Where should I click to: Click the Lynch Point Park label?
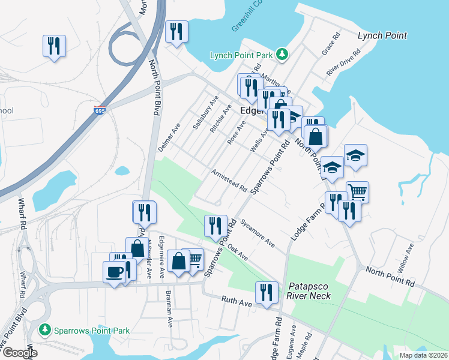pos(242,56)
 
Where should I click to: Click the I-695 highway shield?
pos(101,111)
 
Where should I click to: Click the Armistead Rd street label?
pos(229,181)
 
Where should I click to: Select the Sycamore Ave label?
pos(258,233)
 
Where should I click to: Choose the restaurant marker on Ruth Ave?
pos(267,292)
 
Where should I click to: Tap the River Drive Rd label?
pos(343,62)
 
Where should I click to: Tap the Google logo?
pos(19,353)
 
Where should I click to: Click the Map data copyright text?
pos(423,355)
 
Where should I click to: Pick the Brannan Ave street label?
pos(170,313)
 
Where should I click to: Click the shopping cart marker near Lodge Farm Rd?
pos(357,192)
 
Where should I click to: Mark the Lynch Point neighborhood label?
pos(382,36)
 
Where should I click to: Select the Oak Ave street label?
pos(238,253)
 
